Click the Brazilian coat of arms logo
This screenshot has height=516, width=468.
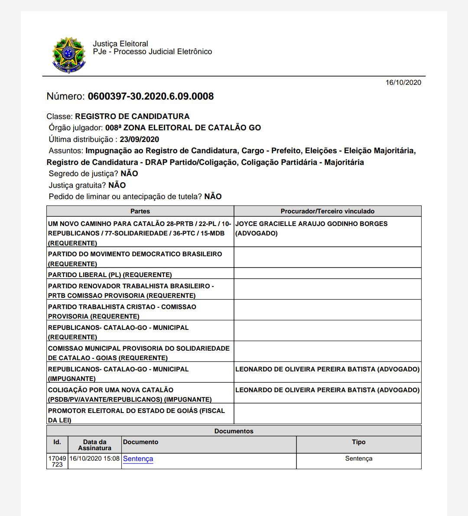click(68, 55)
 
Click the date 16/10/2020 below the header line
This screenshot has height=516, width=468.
click(403, 83)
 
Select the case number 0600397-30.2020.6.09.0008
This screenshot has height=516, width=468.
click(150, 97)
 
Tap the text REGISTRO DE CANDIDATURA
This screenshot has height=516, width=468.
click(132, 116)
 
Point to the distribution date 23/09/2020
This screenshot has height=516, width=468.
click(139, 139)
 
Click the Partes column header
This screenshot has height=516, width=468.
click(140, 211)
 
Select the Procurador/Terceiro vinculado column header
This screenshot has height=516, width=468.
click(328, 211)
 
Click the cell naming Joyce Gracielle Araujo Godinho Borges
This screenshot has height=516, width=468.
click(311, 228)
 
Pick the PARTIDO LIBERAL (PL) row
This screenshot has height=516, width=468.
click(110, 275)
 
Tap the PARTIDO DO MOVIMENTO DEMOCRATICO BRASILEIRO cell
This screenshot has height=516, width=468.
click(135, 258)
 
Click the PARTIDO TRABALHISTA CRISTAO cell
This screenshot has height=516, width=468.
click(122, 311)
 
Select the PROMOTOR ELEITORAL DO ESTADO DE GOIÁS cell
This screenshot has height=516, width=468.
click(136, 415)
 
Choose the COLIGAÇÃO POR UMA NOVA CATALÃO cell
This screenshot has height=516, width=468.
click(130, 394)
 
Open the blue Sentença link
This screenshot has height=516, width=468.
click(138, 459)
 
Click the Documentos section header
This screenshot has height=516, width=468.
click(234, 431)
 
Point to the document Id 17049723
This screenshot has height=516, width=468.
click(57, 461)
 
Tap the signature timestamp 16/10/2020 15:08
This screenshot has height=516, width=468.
click(94, 459)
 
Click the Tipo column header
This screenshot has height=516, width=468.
click(358, 442)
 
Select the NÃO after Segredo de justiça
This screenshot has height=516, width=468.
click(129, 174)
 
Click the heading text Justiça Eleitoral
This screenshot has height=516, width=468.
click(120, 44)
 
